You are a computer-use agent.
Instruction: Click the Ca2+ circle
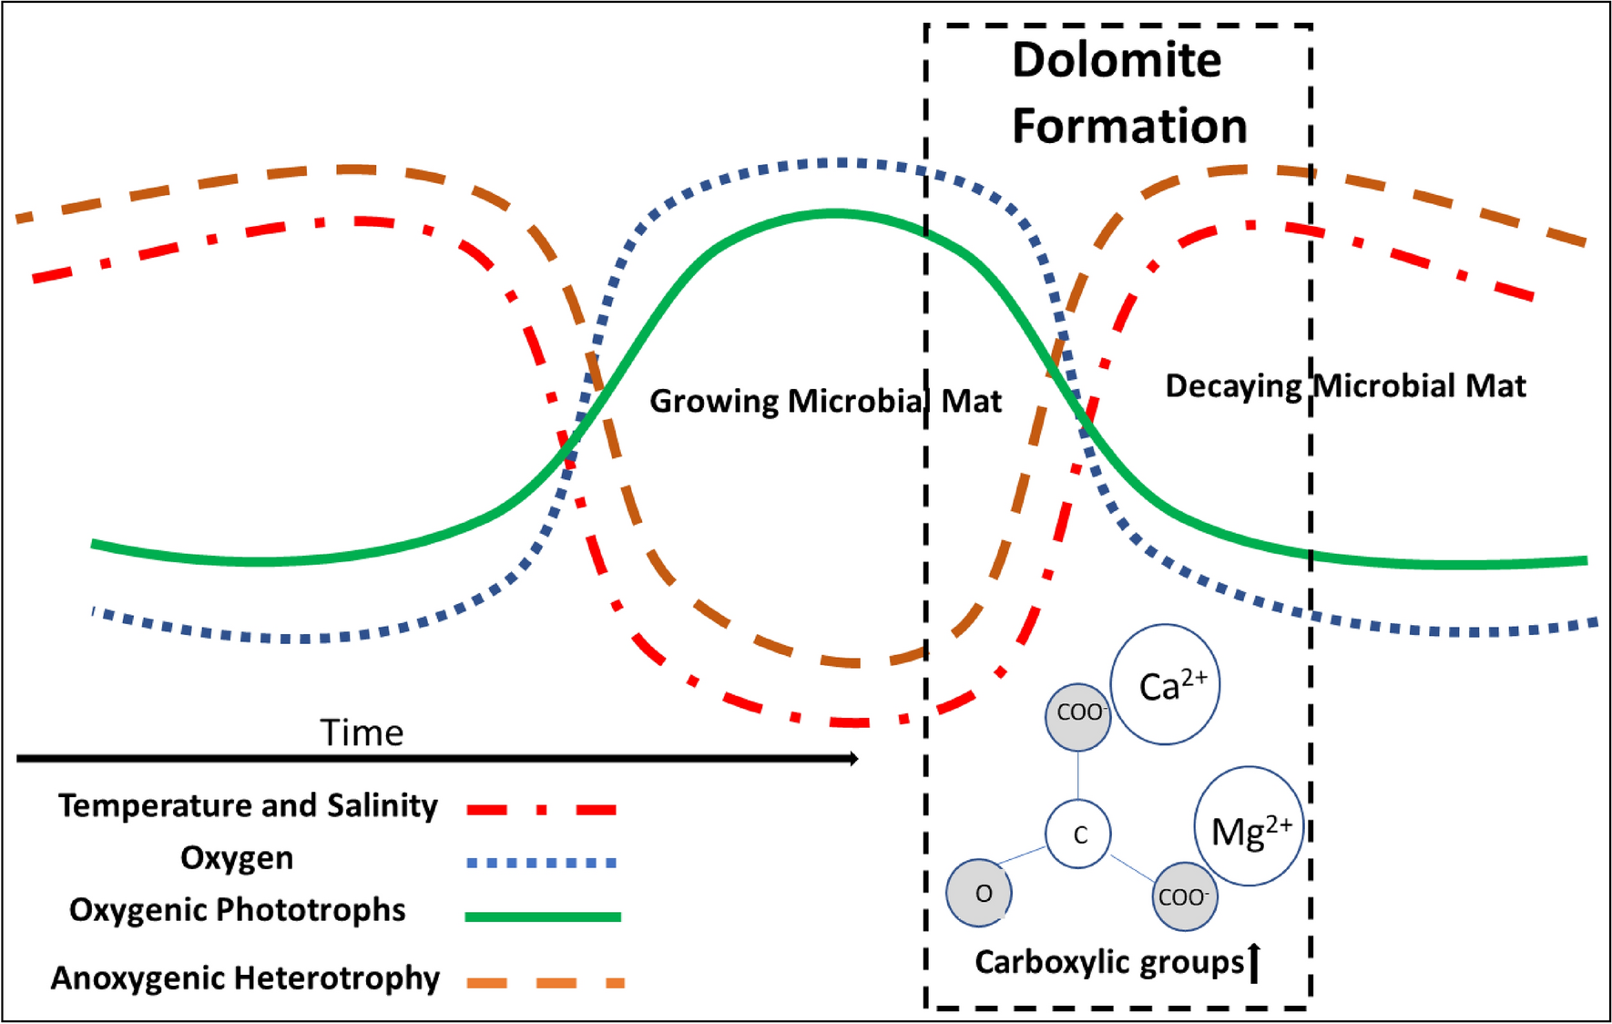coord(1165,684)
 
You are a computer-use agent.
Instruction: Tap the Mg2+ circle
coord(1249,826)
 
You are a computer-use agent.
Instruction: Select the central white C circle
coord(1078,834)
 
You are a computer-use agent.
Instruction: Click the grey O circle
coord(979,893)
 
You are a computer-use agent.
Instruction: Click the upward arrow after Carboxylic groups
coord(1254,964)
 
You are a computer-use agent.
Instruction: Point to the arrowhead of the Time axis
coord(853,758)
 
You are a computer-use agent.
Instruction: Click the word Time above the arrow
coord(362,733)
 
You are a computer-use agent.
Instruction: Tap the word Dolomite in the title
coord(1117,60)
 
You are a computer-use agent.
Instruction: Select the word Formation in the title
coord(1129,126)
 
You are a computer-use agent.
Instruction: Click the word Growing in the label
coord(714,402)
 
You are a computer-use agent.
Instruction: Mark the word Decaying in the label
coord(1233,386)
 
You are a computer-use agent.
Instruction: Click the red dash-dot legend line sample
coord(542,809)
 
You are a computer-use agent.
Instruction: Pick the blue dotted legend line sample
coord(542,862)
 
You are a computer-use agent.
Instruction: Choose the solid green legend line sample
coord(542,916)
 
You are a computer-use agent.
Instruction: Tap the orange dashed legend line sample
coord(545,982)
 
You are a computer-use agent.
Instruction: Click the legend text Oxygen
coord(237,858)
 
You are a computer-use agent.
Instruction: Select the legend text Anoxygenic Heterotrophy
coord(245,978)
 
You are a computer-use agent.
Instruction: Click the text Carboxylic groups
coord(1108,963)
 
